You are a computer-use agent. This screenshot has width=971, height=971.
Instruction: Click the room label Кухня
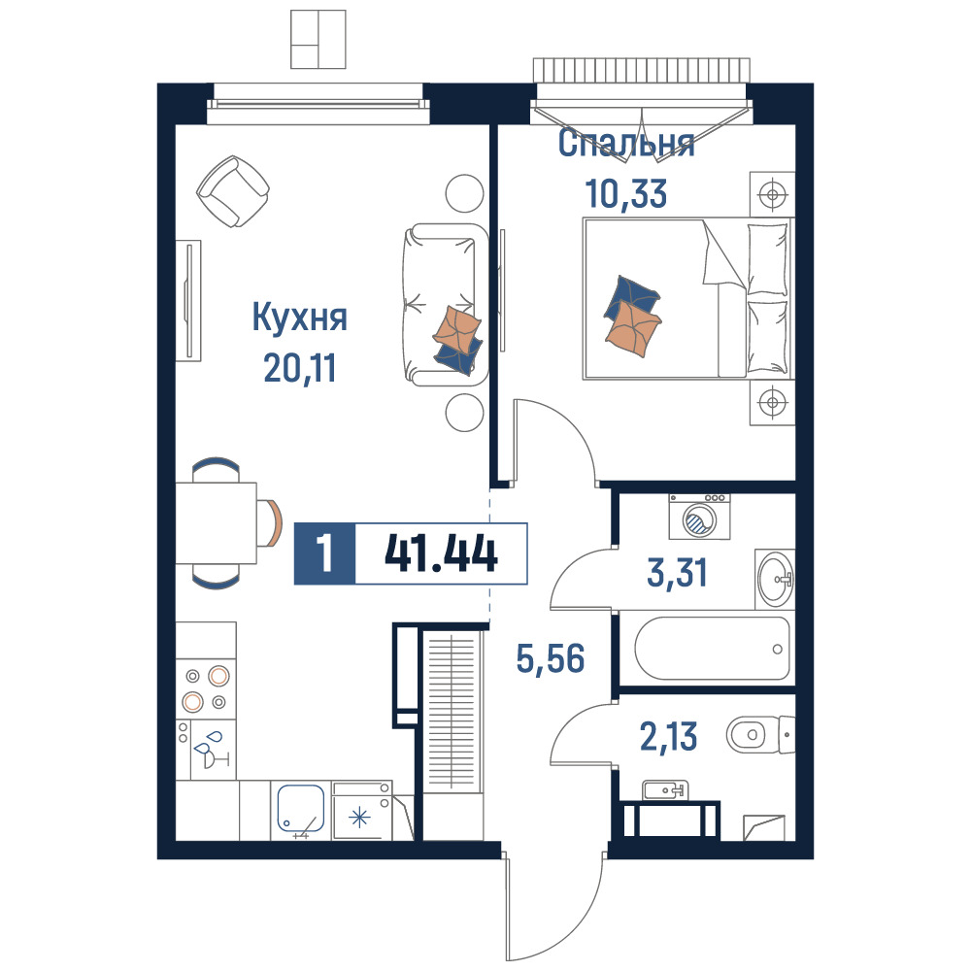[x=300, y=318]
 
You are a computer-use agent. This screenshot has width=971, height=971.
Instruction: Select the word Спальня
[x=626, y=143]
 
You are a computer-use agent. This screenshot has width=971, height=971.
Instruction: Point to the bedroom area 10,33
[x=626, y=193]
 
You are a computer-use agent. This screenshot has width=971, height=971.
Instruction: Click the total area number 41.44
[x=441, y=553]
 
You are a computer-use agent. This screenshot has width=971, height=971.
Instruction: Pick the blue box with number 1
[x=324, y=553]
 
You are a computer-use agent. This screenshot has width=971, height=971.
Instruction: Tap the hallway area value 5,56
[x=551, y=658]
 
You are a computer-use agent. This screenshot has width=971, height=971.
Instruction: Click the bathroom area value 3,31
[x=677, y=572]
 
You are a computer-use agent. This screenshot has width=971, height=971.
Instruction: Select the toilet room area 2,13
[x=668, y=736]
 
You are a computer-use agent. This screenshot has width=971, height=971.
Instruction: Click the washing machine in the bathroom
[x=700, y=517]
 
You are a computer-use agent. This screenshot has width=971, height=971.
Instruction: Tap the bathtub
[x=712, y=649]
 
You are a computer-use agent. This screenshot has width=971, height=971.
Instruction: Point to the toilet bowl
[x=760, y=735]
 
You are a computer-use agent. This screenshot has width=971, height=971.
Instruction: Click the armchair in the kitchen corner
[x=233, y=190]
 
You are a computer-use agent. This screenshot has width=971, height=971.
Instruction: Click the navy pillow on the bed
[x=632, y=295]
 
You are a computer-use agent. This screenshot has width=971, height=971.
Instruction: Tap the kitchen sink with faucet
[x=301, y=808]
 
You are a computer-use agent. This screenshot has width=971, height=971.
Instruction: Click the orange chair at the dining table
[x=273, y=522]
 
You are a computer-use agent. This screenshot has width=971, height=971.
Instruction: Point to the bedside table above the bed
[x=772, y=194]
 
